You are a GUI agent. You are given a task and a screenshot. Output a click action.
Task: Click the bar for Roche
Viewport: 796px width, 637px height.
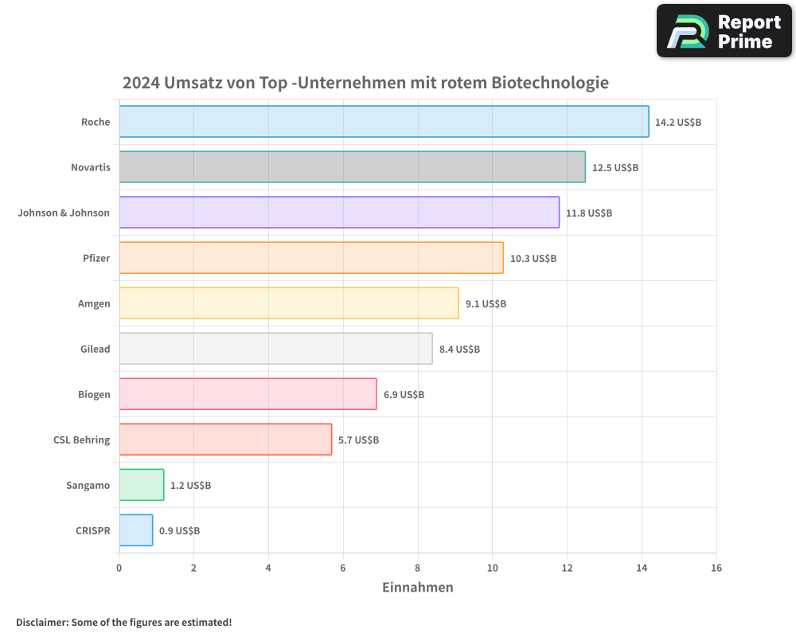(384, 122)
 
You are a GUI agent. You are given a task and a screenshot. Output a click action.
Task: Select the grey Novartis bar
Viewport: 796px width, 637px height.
(352, 167)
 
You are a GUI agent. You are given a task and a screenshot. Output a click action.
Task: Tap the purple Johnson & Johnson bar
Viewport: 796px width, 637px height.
(339, 213)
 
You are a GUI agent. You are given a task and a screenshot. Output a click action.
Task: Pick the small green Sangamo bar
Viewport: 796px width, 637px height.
(142, 485)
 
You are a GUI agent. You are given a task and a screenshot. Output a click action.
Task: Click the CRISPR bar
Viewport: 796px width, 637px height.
(136, 530)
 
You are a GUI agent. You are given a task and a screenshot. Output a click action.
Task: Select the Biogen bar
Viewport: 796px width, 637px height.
(248, 394)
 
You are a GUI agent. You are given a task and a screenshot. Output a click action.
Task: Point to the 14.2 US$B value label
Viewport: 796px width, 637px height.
(678, 123)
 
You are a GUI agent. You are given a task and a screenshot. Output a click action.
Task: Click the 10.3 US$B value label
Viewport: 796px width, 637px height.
(533, 259)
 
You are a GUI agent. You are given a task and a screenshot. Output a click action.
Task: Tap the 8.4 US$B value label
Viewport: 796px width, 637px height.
(459, 350)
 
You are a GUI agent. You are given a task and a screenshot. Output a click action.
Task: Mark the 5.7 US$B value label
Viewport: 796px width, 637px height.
(358, 440)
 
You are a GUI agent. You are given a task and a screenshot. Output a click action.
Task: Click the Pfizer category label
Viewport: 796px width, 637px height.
(96, 259)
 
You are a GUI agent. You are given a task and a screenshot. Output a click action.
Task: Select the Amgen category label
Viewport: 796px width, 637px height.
(94, 304)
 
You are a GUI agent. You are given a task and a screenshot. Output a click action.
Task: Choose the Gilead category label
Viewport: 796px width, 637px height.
(95, 350)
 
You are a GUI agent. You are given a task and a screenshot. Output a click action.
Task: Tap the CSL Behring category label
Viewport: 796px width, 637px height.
(81, 440)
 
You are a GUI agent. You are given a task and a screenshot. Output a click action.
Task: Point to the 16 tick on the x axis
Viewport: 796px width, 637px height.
(716, 569)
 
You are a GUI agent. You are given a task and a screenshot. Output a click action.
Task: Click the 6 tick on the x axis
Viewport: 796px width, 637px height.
(343, 569)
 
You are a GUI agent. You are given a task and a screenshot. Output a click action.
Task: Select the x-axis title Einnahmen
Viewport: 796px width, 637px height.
(418, 588)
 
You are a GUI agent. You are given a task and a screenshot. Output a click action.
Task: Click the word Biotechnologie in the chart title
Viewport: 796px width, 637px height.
(550, 83)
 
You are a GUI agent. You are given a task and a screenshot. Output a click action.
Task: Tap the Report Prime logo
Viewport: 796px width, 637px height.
(724, 31)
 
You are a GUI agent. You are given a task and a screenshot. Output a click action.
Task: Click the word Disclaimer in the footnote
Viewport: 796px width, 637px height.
(41, 623)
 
